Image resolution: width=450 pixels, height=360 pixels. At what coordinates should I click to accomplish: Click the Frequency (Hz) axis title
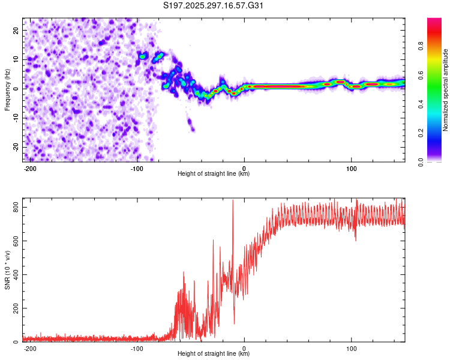click(x=7, y=89)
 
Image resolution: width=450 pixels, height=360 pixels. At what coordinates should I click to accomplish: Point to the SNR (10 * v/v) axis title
click(x=7, y=269)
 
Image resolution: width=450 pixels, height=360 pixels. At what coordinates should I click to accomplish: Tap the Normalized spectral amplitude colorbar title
click(x=445, y=90)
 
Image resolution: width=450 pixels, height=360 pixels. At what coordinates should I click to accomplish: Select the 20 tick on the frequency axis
click(x=16, y=30)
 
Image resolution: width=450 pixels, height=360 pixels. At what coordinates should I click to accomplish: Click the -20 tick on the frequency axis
click(x=15, y=147)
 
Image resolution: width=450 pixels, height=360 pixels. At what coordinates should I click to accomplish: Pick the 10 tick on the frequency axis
click(x=16, y=59)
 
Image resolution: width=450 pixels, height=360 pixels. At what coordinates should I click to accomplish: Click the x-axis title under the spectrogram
click(x=214, y=174)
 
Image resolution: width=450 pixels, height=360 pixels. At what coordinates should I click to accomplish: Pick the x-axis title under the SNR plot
click(x=214, y=354)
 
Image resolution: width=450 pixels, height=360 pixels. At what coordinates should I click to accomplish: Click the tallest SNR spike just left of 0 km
click(x=233, y=202)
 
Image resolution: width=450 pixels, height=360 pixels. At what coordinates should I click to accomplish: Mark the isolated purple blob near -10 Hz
click(x=191, y=125)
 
